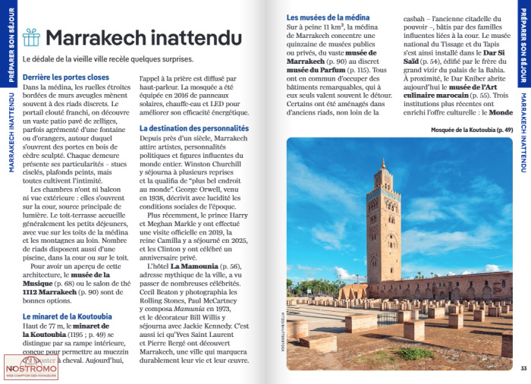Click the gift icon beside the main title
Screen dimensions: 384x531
click(31, 36)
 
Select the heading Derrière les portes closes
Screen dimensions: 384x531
click(66, 77)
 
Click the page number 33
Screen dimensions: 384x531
click(523, 369)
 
